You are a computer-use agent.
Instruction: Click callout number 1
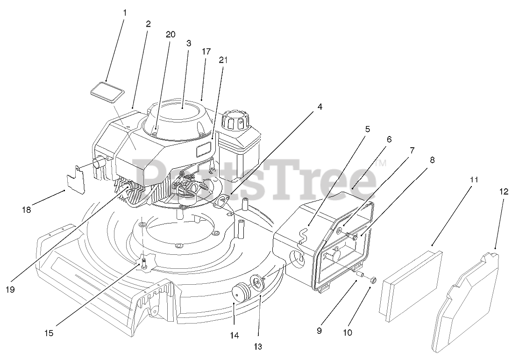125,13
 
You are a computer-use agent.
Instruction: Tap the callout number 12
503,192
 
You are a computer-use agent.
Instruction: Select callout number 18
26,210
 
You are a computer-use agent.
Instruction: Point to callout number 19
10,290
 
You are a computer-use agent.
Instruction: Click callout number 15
49,333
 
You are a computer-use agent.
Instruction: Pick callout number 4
320,107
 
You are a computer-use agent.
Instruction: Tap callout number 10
347,333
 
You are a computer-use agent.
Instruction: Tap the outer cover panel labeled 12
467,299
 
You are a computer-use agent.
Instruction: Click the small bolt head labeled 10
372,280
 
